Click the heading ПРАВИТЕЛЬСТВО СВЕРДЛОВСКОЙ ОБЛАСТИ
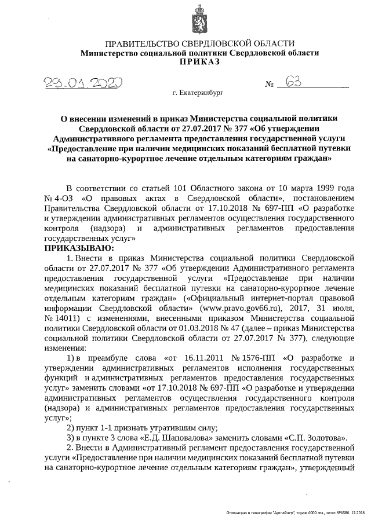200,43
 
